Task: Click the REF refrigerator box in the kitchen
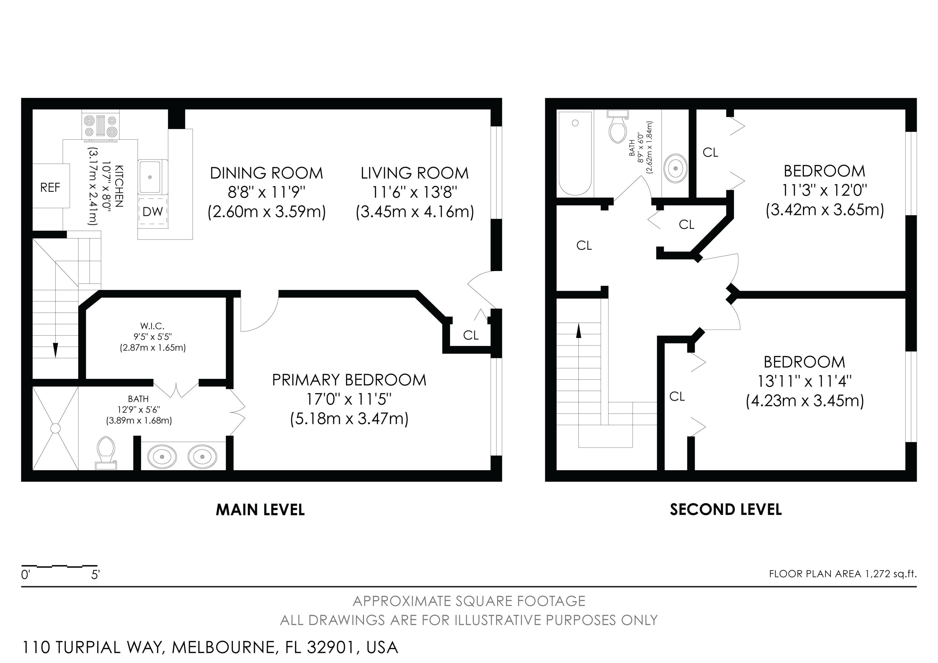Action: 51,186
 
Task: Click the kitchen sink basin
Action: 150,177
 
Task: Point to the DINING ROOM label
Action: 266,173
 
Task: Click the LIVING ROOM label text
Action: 414,173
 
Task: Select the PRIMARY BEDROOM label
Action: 349,380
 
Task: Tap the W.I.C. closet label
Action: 152,326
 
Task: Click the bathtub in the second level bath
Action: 575,153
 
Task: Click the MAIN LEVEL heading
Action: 260,510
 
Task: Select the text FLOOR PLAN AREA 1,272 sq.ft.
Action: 842,574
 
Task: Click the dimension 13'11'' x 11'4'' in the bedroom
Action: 804,381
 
